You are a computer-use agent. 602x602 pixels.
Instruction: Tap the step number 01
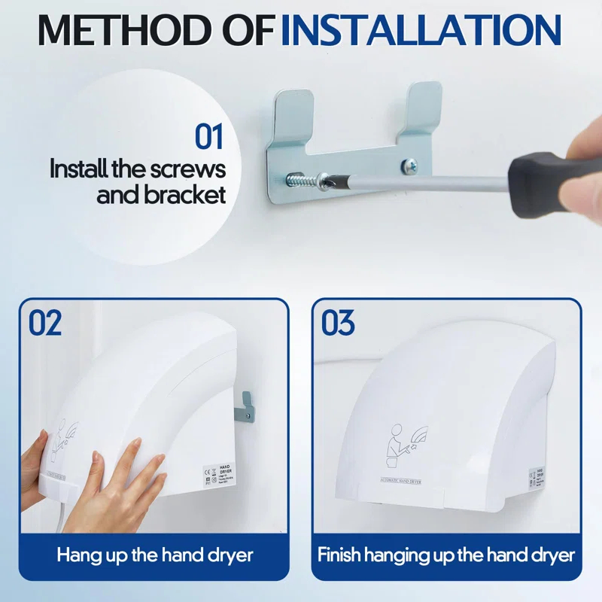tap(209, 137)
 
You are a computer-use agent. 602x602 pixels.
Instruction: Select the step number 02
tap(45, 323)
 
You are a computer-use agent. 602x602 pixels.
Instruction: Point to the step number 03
tap(338, 323)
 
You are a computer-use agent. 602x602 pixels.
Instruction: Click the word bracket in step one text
tap(183, 196)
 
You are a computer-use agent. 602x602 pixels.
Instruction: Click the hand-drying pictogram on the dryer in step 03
tap(403, 444)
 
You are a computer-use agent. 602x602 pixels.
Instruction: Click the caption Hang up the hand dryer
tap(155, 556)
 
